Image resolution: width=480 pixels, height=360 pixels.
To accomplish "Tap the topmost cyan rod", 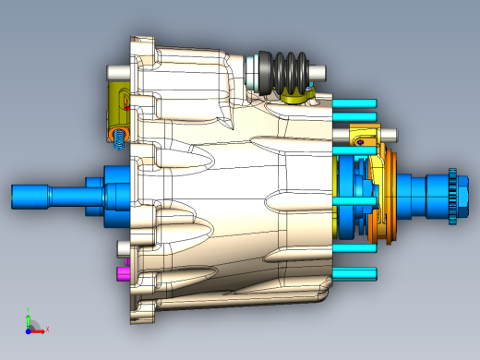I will pos(355,102).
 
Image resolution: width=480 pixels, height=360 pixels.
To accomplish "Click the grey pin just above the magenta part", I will pos(125,247).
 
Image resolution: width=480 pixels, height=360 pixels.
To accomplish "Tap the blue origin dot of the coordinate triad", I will pos(28,329).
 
